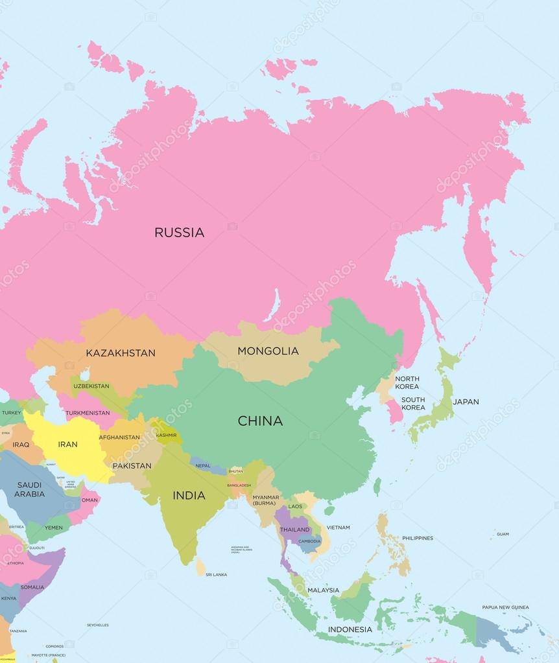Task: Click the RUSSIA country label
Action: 179,232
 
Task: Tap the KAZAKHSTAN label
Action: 121,353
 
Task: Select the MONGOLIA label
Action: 268,351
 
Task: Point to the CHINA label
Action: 260,421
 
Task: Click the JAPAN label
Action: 466,402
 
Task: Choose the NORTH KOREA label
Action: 407,382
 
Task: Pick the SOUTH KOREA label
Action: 413,404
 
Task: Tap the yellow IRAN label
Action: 67,445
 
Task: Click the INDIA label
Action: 189,496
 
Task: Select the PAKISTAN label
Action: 132,466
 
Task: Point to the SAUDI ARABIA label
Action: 30,489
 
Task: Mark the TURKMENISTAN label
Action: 88,413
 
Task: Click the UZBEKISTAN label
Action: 91,386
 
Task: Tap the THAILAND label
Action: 295,529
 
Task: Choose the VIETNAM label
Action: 338,528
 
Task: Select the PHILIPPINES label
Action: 417,538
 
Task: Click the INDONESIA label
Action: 350,629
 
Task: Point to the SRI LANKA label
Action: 217,575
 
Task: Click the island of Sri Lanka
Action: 201,568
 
